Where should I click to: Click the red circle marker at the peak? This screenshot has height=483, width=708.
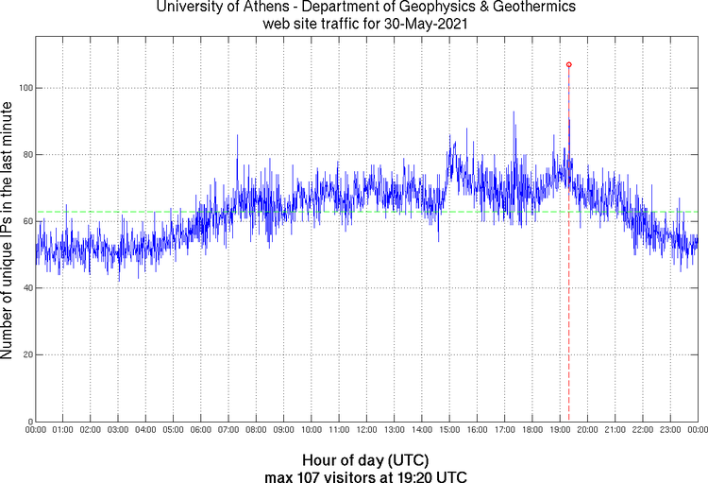[x=569, y=64]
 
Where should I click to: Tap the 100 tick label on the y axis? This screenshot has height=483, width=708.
[x=25, y=88]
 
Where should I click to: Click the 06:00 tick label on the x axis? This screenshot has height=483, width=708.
[x=201, y=430]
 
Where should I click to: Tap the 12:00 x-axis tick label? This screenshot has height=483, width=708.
[x=366, y=430]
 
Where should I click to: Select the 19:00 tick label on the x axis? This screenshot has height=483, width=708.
[x=560, y=430]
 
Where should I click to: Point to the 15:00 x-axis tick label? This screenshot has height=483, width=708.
[x=449, y=430]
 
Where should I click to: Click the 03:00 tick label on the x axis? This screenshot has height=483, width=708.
[x=118, y=430]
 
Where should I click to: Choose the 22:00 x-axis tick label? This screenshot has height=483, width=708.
[x=643, y=430]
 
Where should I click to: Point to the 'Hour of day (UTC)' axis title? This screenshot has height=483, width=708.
[x=366, y=460]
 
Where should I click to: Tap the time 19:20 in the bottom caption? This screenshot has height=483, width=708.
[x=417, y=476]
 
